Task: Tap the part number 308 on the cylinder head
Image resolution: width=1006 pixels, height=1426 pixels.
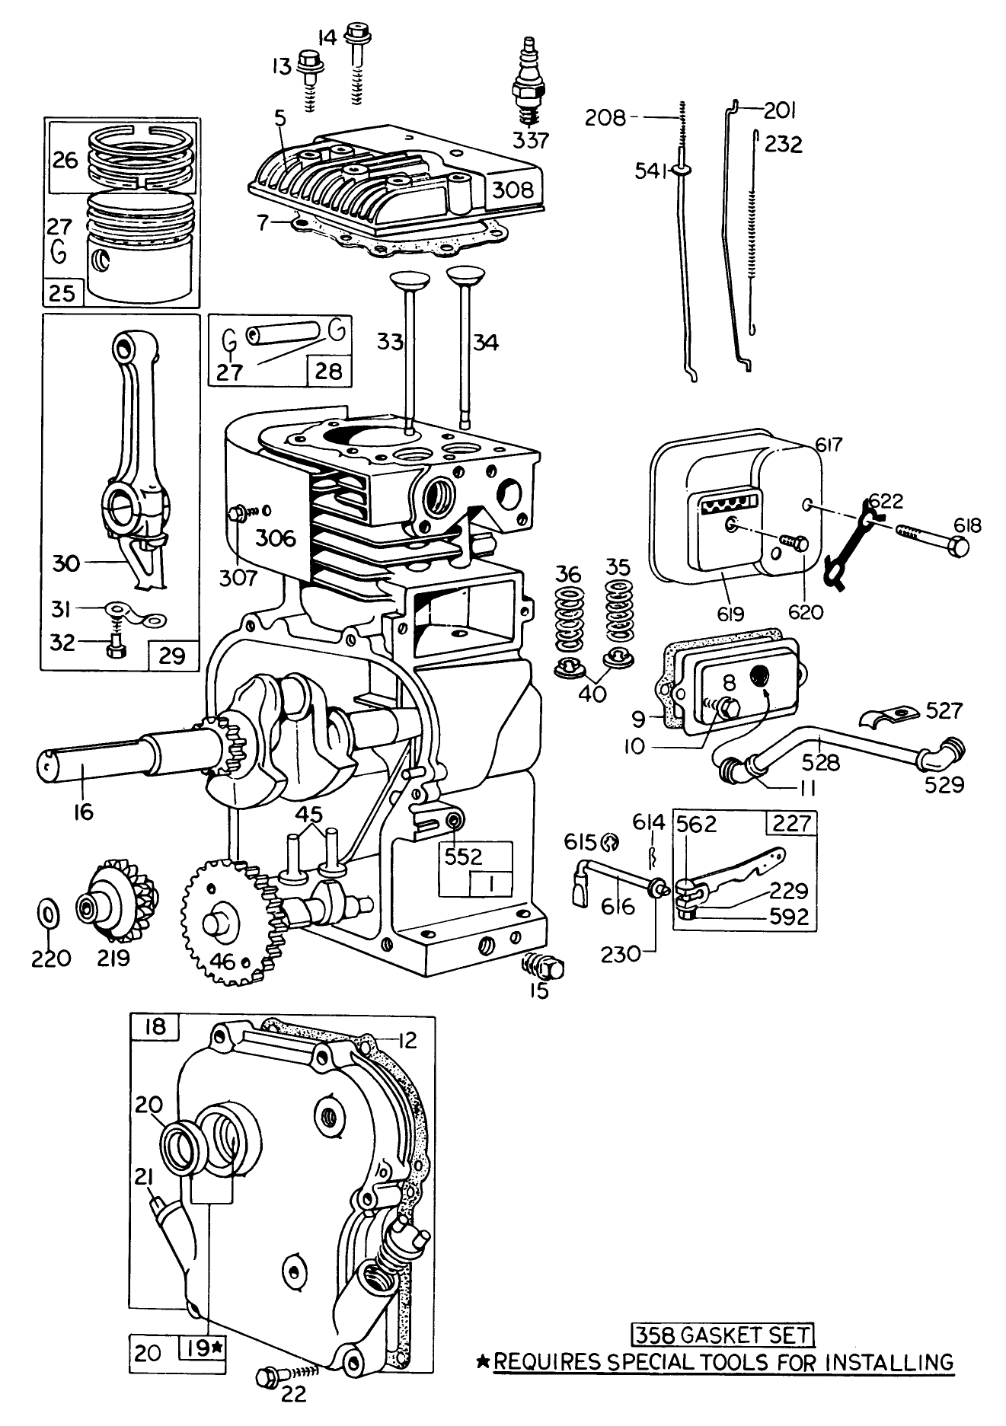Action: tap(513, 190)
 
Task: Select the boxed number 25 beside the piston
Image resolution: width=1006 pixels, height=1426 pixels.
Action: tap(62, 293)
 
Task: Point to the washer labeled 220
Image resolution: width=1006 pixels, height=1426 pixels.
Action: tap(49, 912)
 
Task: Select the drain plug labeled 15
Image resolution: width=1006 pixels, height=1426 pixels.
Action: tap(542, 967)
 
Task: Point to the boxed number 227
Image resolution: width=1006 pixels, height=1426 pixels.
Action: tap(792, 823)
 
